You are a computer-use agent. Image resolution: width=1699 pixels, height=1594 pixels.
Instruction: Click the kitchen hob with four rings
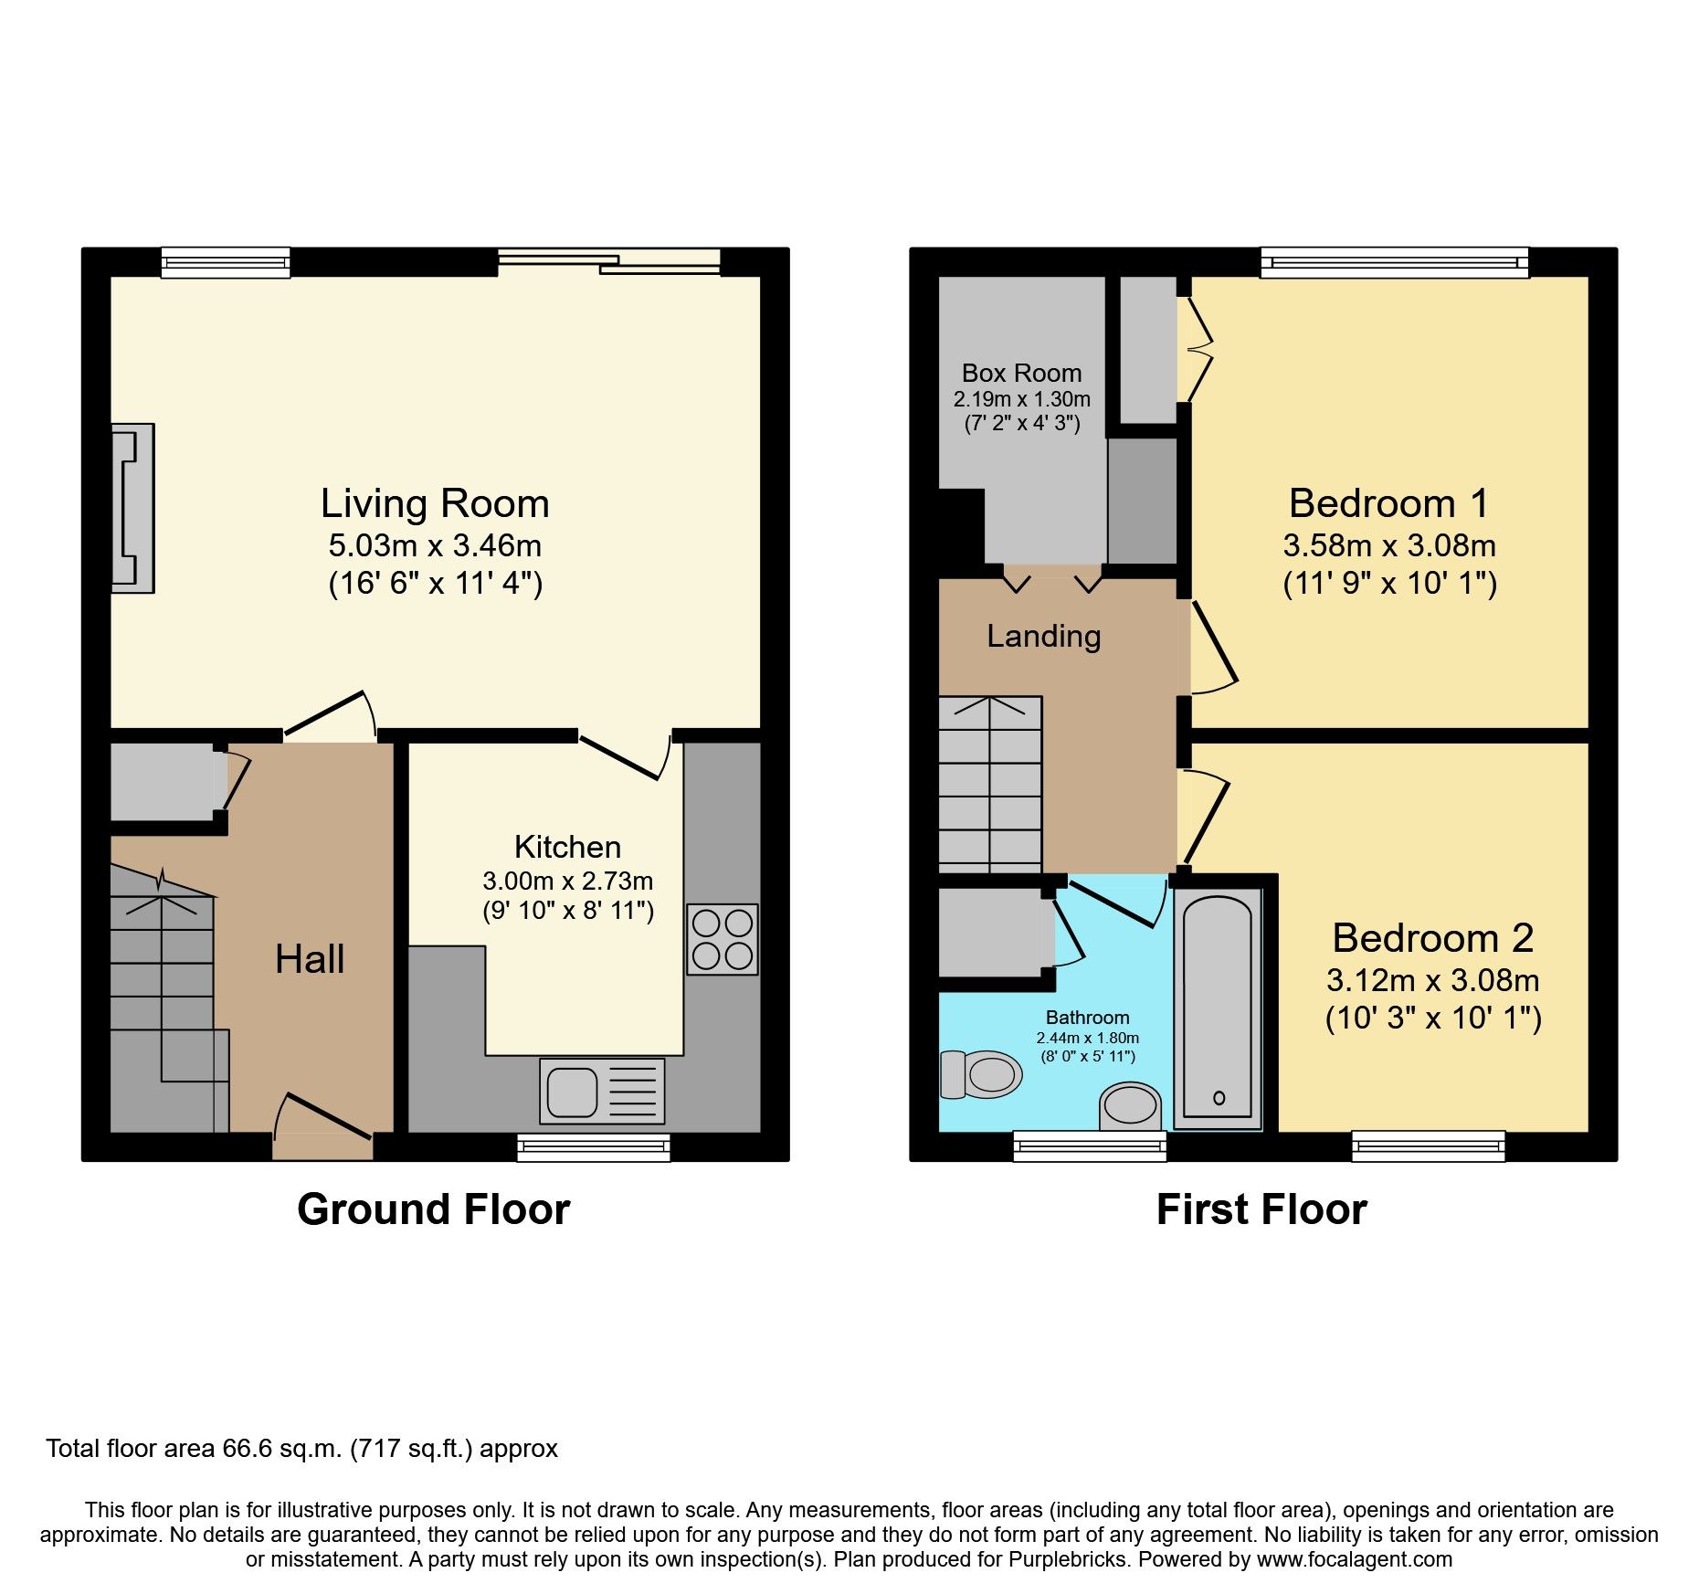722,939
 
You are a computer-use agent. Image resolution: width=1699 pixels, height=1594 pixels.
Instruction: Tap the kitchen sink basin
572,1092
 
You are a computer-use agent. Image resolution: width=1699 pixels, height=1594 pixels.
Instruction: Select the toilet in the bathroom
982,1074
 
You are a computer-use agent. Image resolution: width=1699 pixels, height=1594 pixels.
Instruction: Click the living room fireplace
132,508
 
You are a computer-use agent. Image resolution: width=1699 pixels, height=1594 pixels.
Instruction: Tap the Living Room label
435,503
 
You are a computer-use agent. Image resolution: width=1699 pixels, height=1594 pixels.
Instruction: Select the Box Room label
1021,373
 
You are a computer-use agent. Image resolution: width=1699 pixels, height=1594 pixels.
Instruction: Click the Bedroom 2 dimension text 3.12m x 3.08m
1432,980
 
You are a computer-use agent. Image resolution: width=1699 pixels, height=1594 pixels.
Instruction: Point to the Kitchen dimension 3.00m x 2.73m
567,881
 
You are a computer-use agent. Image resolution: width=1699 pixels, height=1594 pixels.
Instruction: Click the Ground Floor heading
433,1209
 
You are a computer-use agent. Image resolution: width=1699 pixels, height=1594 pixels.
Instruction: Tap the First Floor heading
1261,1209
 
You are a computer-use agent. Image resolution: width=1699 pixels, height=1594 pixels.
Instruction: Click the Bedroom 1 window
1394,263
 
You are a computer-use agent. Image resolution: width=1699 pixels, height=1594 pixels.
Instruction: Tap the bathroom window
1090,1145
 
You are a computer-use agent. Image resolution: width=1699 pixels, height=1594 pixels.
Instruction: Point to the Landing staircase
990,784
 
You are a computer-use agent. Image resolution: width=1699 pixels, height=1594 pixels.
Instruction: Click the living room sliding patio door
609,263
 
